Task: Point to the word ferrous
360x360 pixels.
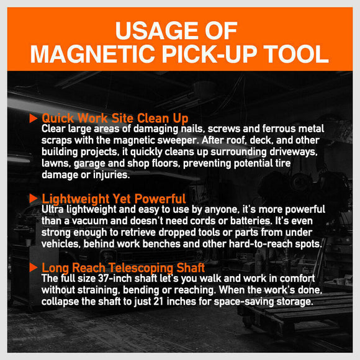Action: tap(279, 129)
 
